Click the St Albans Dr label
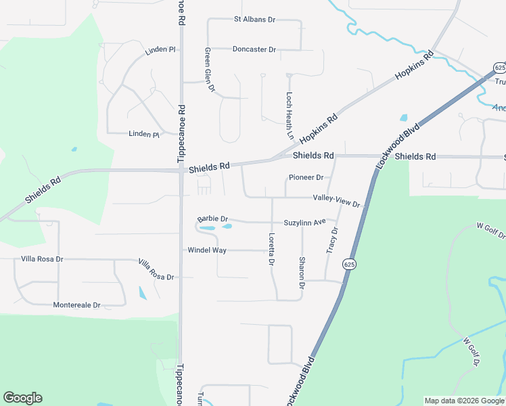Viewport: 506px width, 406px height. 254,20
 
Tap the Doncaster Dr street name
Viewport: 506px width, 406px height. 254,49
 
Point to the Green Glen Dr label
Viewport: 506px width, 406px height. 209,70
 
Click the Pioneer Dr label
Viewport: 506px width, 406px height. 306,177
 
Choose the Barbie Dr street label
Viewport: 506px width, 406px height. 213,219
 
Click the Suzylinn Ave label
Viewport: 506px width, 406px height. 305,222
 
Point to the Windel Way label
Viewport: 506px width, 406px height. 207,250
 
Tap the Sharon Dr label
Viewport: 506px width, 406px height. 302,269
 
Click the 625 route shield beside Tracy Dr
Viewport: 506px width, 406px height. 348,263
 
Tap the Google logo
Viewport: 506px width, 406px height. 22,398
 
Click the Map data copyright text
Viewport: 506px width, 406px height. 463,401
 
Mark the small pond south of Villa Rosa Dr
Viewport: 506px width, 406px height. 142,293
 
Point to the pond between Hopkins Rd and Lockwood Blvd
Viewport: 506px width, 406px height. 404,118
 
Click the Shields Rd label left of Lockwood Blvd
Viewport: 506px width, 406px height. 313,156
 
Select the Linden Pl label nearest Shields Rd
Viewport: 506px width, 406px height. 143,135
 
